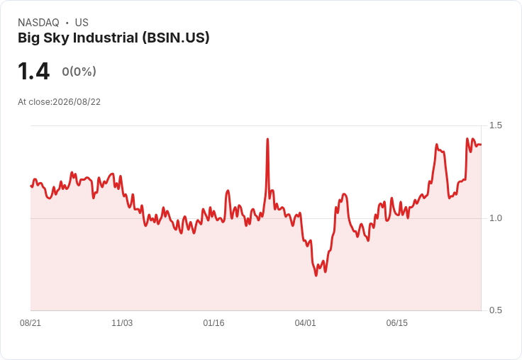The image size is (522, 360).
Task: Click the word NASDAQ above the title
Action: point(38,23)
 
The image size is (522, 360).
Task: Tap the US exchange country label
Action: point(82,23)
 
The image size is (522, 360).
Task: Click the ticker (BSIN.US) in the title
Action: point(176,38)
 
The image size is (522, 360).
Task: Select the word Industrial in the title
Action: point(106,38)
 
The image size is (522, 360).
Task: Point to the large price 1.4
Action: point(33,71)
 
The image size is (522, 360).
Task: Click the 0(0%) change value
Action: point(79,71)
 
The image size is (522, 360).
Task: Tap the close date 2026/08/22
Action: point(77,102)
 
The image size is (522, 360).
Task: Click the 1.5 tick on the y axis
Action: point(495,125)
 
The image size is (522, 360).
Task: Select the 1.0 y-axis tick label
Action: point(495,218)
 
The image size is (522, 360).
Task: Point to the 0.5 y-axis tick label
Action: point(495,310)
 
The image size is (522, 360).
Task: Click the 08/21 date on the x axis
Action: point(30,323)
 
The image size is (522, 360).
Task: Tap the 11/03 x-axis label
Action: point(122,323)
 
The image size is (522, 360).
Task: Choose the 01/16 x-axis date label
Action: point(213,323)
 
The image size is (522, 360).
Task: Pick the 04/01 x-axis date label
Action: point(305,323)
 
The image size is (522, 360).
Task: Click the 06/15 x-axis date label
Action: point(397,323)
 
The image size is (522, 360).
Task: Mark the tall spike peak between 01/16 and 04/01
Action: point(267,139)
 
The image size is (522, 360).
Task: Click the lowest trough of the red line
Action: point(316,276)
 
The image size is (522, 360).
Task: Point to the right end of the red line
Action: point(481,145)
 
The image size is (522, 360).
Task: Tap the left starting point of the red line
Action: point(31,186)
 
